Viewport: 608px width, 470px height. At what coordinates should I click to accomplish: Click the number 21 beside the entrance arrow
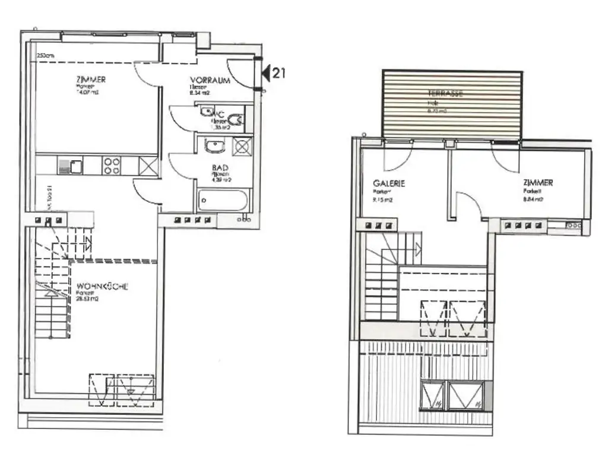coord(279,73)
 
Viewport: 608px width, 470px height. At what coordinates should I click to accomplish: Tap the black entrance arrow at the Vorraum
coord(267,73)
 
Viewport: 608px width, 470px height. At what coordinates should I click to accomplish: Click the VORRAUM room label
coord(210,80)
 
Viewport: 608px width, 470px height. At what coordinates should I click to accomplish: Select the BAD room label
coord(220,169)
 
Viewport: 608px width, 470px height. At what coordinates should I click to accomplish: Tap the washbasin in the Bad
coord(214,145)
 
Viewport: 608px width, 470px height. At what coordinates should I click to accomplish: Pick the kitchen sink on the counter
coord(69,165)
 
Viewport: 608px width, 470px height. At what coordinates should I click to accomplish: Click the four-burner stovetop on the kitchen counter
coord(112,165)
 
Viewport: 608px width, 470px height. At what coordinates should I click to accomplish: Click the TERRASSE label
coord(445,94)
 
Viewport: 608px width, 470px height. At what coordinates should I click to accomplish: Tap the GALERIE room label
coord(389,184)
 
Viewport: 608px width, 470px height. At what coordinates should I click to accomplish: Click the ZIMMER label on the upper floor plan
coord(538,183)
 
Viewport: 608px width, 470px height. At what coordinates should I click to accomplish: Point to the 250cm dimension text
coord(45,56)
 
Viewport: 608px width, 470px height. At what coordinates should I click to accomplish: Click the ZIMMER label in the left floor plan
coord(91,80)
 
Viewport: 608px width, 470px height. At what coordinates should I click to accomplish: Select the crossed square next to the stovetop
coord(148,165)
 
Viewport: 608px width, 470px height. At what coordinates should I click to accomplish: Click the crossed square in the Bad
coord(242,146)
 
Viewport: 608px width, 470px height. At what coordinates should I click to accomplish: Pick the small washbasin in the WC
coord(206,112)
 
